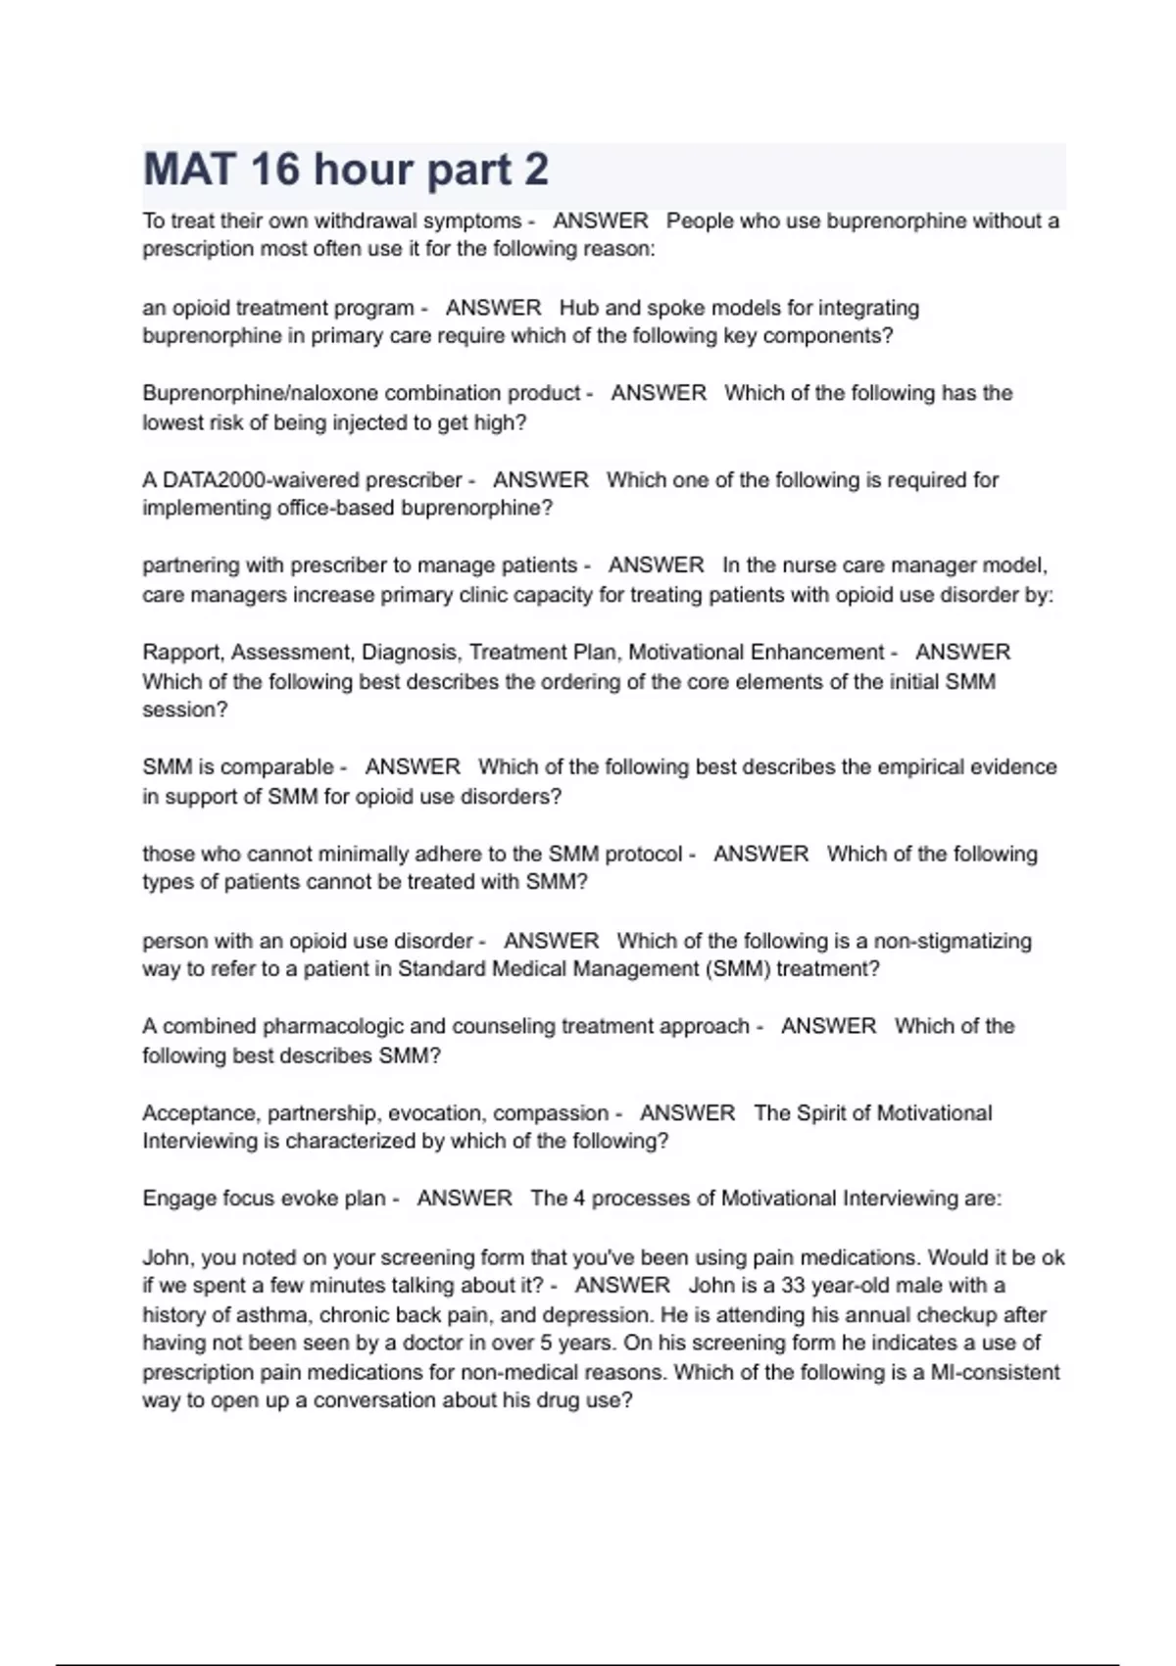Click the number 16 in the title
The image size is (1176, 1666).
[x=274, y=170]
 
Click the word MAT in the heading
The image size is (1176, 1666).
[x=190, y=170]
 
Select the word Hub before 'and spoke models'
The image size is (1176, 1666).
[x=578, y=308]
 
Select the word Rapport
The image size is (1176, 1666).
[x=182, y=653]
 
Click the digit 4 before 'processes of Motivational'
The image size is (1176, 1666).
[x=579, y=1199]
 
